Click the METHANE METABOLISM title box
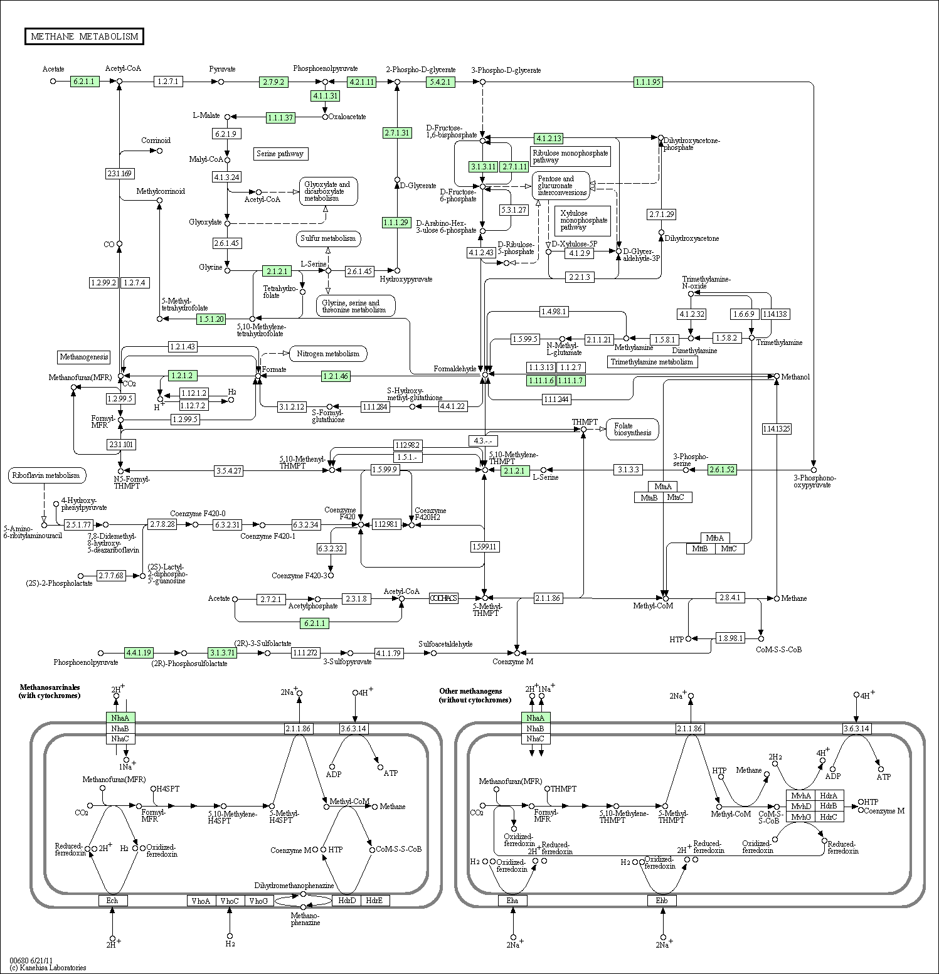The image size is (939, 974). (x=84, y=36)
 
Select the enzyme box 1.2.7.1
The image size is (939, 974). (x=168, y=82)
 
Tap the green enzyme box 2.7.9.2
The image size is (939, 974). (x=273, y=82)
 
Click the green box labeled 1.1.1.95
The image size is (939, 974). (x=648, y=82)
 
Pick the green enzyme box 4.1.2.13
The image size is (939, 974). (x=548, y=138)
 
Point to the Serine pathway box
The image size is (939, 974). (x=280, y=154)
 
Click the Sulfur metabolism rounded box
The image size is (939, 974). (x=327, y=238)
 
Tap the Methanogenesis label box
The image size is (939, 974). (x=83, y=357)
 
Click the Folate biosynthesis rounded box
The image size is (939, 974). (x=632, y=429)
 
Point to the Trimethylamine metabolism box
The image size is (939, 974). (x=652, y=362)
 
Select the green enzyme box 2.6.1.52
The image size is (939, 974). (x=722, y=470)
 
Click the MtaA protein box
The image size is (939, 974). (x=662, y=487)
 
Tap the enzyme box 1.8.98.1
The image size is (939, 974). (x=730, y=638)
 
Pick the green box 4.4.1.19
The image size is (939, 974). (x=139, y=653)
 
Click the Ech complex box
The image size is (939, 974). (x=112, y=901)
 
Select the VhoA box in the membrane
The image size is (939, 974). (x=201, y=901)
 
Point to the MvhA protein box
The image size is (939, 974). (x=800, y=795)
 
